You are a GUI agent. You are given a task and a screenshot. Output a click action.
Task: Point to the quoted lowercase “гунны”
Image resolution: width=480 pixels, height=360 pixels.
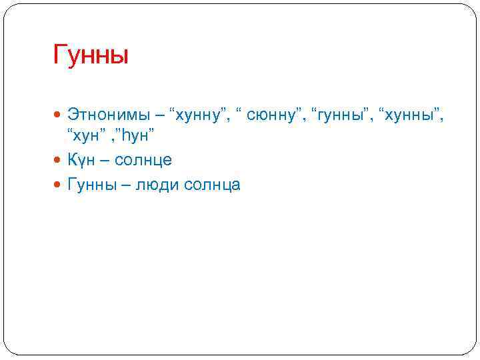tap(341, 116)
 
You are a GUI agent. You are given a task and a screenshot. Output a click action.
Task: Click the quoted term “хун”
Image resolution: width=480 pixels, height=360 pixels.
tap(85, 137)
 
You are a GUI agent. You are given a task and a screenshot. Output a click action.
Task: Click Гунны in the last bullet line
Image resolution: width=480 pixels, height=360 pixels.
tap(92, 184)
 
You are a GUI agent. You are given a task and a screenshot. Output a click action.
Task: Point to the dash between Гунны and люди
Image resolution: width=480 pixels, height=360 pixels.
tap(126, 185)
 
